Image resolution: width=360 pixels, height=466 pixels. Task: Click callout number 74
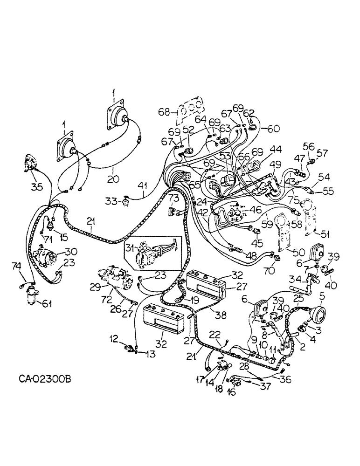point(16,266)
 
